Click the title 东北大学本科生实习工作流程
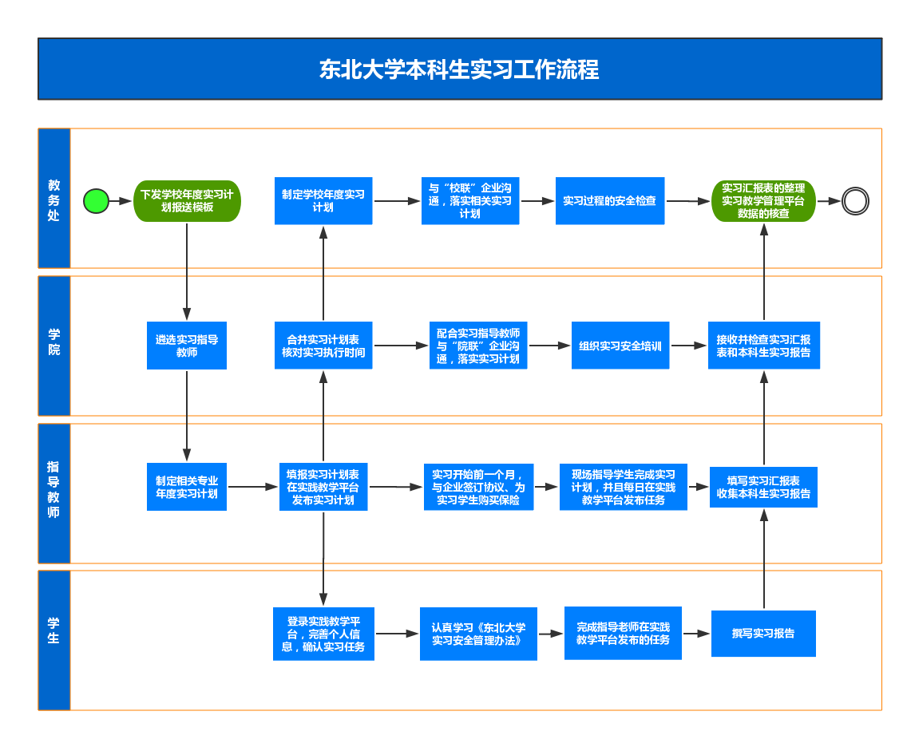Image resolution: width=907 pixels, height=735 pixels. coord(459,69)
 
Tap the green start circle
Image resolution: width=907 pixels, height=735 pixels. coord(97,201)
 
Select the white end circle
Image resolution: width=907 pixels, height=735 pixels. coord(855,201)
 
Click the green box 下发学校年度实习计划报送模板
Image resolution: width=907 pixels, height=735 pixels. coord(187,200)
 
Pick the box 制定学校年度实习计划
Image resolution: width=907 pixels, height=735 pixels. coord(323,200)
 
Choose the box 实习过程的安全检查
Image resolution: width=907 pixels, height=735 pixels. coord(610,201)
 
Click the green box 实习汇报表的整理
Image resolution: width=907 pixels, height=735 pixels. coord(763,201)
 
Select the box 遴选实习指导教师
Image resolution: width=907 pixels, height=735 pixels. coord(187,346)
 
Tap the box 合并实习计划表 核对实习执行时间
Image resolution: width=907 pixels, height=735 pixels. coord(323,346)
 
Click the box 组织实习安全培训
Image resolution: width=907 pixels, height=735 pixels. coord(620,346)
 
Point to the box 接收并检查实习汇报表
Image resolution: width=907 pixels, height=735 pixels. coord(763,346)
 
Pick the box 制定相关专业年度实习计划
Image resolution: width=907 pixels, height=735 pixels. coord(187,487)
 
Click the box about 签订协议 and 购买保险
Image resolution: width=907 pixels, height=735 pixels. coord(478,487)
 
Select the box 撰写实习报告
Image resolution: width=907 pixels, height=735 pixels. coord(763,634)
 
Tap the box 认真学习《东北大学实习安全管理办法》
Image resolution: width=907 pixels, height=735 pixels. coord(478,634)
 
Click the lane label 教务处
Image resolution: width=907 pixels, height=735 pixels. coord(54,199)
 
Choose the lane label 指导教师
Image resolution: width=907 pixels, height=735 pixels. coord(54,489)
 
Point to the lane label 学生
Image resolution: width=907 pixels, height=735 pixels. coord(54,630)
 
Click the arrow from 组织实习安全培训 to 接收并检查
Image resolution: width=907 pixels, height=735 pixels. coord(688,346)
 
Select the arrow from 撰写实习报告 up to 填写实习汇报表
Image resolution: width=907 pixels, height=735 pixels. coord(764,559)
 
